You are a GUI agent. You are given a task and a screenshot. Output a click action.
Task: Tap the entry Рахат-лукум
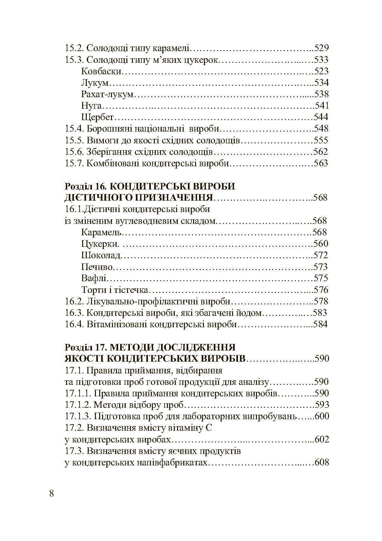[x=107, y=94]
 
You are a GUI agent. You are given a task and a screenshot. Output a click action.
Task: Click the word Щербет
[x=97, y=117]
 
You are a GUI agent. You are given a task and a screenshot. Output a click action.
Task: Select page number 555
[x=321, y=140]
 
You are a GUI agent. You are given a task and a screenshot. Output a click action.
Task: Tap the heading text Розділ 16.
[x=84, y=186]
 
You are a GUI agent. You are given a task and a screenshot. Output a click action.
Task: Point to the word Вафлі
[x=94, y=278]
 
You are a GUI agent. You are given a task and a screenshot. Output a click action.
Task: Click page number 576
[x=321, y=290]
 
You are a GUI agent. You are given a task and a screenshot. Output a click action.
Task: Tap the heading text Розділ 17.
[x=84, y=347]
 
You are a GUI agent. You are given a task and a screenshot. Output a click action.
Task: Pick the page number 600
[x=321, y=416]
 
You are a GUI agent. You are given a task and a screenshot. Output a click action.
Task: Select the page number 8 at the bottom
[x=51, y=494]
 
